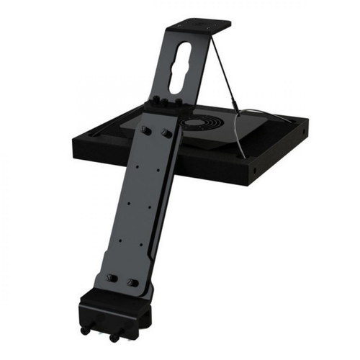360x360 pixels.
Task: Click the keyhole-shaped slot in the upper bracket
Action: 179,68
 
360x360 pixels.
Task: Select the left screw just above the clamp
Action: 112,276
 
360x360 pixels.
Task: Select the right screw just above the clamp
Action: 132,282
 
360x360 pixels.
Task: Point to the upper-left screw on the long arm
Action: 147,130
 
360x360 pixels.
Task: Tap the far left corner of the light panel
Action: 74,141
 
